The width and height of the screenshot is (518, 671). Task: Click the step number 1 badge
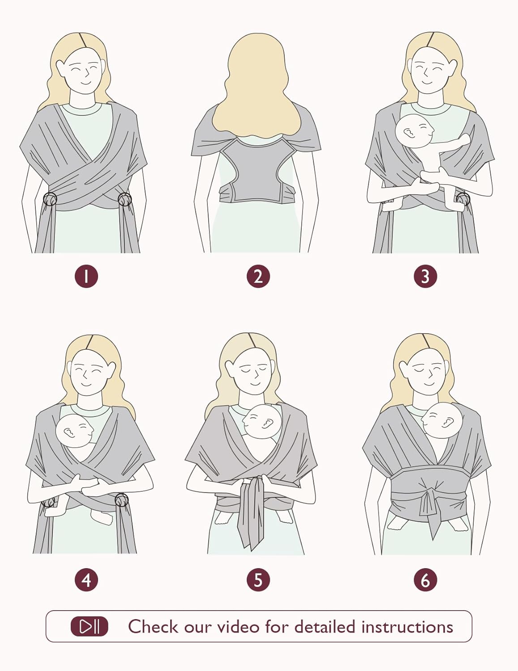[x=86, y=276]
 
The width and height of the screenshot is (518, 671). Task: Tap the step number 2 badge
[x=258, y=276]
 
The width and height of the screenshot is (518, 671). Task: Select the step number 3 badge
[x=426, y=276]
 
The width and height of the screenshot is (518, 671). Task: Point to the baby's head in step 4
[x=74, y=431]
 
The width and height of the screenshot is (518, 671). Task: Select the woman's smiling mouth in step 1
[x=86, y=83]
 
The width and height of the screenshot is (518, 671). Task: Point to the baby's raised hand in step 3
[x=464, y=139]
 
